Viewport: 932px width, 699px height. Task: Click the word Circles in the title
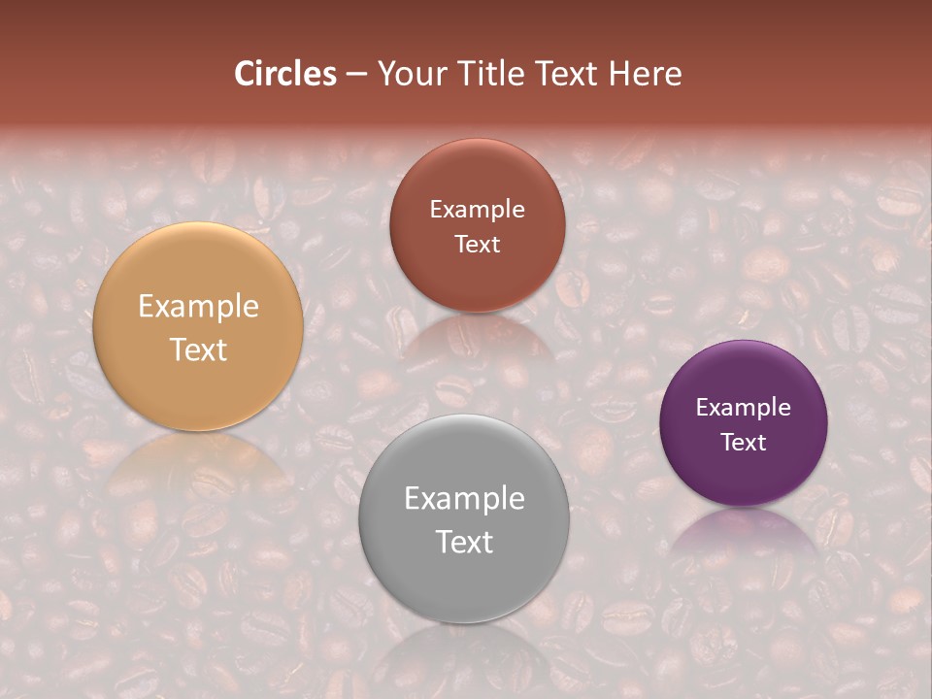[285, 74]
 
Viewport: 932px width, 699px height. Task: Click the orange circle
[198, 327]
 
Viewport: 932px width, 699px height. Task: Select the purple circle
[744, 423]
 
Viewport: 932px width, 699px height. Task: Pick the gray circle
[464, 519]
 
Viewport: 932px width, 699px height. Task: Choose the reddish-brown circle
[477, 225]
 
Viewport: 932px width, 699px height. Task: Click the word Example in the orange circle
[198, 307]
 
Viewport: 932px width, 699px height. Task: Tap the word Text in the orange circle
[198, 349]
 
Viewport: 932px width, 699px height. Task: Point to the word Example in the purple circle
[744, 408]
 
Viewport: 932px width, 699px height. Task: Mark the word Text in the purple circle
[744, 443]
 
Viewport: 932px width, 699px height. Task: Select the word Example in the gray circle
[464, 499]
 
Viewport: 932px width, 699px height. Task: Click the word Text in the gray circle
[464, 542]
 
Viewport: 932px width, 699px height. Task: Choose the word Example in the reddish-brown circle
[477, 210]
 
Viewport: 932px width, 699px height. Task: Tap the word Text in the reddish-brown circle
[477, 245]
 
